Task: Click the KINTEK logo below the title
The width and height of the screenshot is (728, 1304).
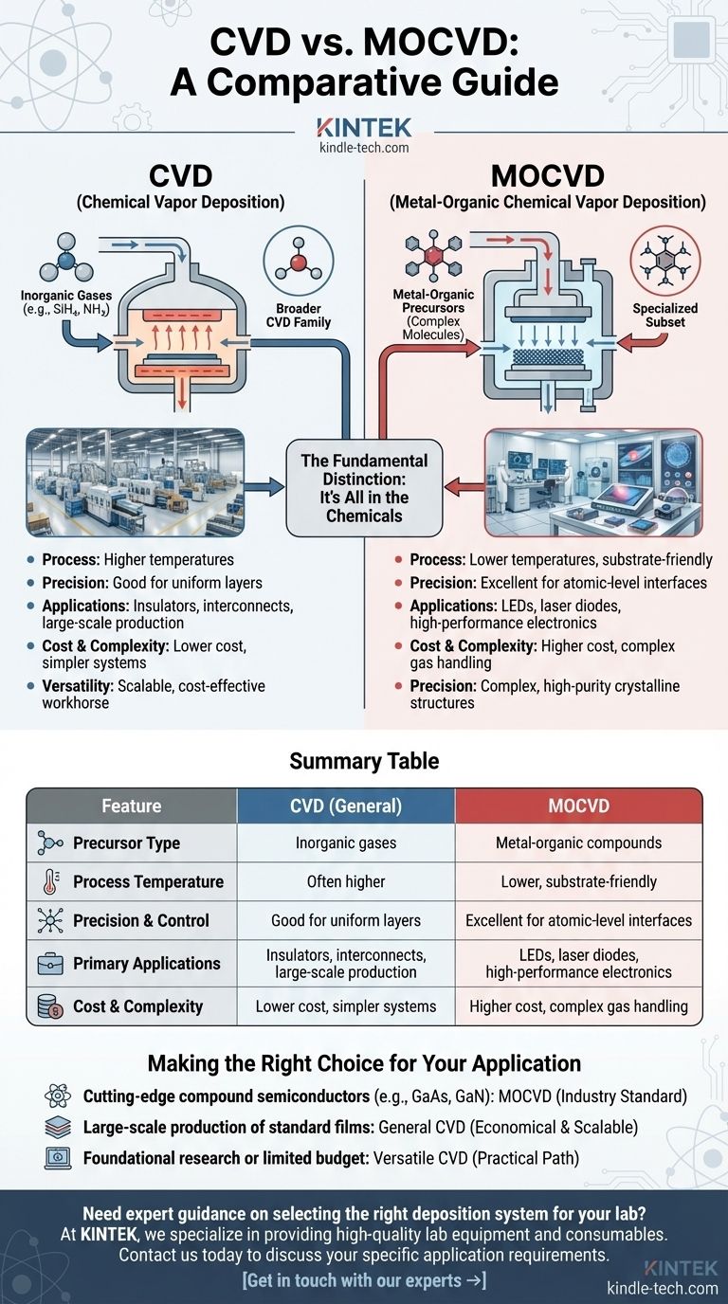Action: (363, 127)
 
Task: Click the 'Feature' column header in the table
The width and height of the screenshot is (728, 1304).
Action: (131, 806)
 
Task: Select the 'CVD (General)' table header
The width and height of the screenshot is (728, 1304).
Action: (345, 806)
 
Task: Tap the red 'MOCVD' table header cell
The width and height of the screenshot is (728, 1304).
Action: (578, 806)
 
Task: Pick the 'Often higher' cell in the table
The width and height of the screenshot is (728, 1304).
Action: (345, 881)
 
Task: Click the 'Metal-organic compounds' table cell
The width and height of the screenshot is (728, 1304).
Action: (578, 843)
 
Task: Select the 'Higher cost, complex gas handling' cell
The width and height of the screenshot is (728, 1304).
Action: (578, 1005)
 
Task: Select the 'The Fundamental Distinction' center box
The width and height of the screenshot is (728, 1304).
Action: (364, 488)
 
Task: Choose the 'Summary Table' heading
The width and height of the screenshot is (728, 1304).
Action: (364, 761)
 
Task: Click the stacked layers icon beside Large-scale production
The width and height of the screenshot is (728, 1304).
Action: (57, 1129)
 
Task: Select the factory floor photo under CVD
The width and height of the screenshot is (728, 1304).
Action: (136, 483)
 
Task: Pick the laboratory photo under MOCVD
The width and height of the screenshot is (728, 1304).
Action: (593, 483)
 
